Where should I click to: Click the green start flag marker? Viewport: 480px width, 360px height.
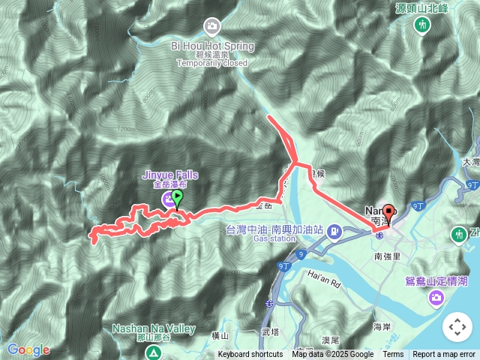click(177, 198)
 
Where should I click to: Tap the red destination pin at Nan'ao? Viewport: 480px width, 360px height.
click(388, 213)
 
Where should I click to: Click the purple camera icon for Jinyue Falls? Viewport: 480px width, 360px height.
click(166, 199)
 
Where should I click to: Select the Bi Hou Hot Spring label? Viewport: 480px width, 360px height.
click(212, 46)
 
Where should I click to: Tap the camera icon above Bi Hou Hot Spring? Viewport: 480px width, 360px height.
click(212, 28)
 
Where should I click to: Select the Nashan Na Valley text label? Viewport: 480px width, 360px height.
click(154, 328)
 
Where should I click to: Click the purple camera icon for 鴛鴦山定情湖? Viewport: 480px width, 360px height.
click(436, 298)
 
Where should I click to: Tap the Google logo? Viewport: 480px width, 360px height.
click(28, 349)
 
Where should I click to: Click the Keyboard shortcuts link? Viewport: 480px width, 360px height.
click(250, 355)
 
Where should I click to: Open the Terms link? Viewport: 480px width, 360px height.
click(393, 355)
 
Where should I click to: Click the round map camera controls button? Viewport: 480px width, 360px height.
click(457, 327)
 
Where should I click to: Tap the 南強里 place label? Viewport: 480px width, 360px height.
click(389, 256)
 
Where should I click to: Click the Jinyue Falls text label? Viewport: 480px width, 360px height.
click(170, 175)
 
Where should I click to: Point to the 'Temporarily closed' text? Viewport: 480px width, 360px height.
click(212, 64)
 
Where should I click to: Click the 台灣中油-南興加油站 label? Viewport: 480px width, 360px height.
click(274, 229)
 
